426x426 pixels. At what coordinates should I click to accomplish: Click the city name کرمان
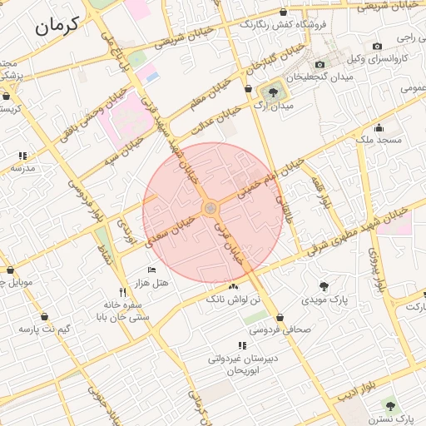pos(57,26)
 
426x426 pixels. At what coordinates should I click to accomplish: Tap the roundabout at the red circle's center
pos(211,207)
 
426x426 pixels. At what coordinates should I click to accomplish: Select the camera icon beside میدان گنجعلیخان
pos(320,64)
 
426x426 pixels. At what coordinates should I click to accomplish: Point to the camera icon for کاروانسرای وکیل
pos(378,46)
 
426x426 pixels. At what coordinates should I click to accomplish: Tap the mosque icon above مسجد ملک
pos(379,127)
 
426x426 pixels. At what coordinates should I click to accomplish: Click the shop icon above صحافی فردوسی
pos(280,317)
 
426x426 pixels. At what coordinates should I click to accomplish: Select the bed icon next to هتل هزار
pos(151,270)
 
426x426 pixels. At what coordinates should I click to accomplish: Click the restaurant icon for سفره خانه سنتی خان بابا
pos(123,292)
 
